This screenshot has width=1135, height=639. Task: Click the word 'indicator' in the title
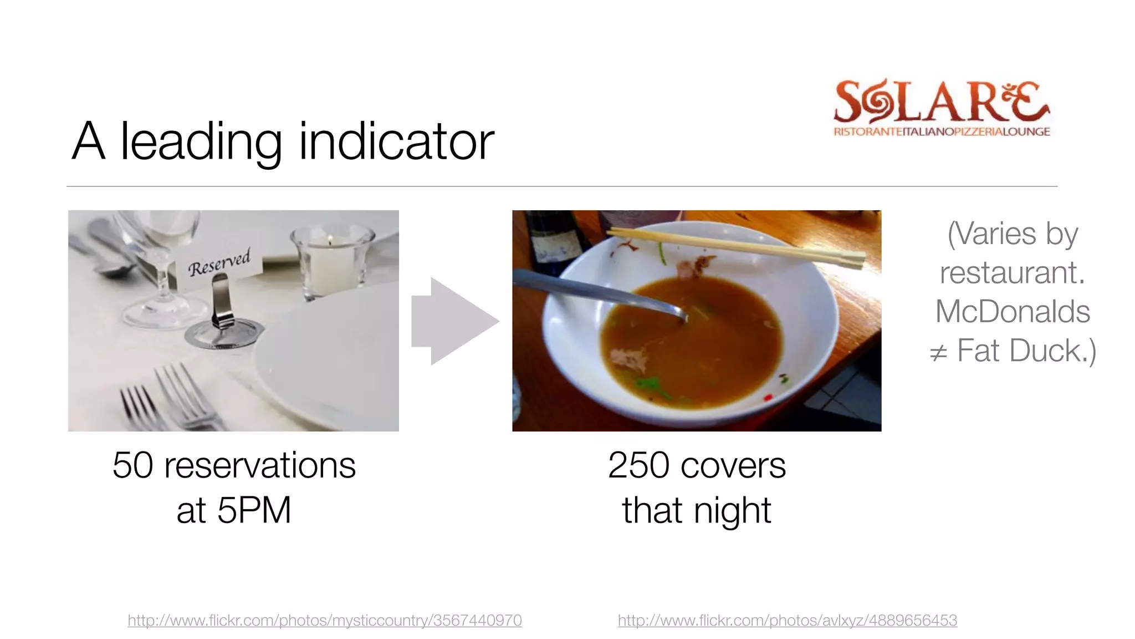tap(396, 142)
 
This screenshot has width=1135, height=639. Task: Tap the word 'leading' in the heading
tap(201, 143)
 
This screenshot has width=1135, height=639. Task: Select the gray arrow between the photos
tap(454, 321)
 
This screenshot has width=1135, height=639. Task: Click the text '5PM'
tap(254, 510)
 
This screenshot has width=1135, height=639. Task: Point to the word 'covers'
tap(733, 466)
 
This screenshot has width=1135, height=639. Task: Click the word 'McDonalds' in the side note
tap(1013, 311)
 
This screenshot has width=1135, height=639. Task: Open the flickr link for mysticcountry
tap(325, 620)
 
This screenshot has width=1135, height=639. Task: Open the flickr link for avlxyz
tap(788, 620)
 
